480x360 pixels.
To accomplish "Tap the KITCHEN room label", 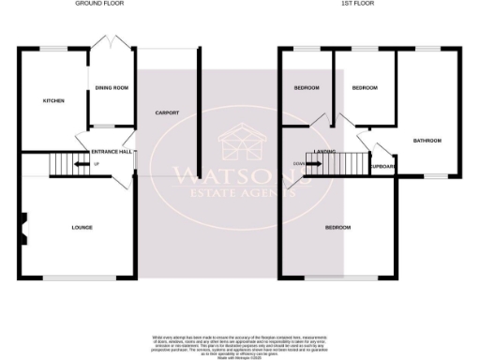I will pos(52,100).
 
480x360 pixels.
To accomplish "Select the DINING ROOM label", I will pos(112,89).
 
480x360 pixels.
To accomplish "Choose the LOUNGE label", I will pos(82,227).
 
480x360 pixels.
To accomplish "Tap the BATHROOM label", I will pos(427,141).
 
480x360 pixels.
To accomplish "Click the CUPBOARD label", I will pos(382,167).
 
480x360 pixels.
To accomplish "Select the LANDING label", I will pos(325,150).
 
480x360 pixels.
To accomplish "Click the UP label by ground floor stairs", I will pos(96,165).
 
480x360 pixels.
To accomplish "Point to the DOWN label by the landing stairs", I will pos(298,163).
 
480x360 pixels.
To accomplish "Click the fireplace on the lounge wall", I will pos(24,226).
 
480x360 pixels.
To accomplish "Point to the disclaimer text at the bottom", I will pos(240,343).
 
